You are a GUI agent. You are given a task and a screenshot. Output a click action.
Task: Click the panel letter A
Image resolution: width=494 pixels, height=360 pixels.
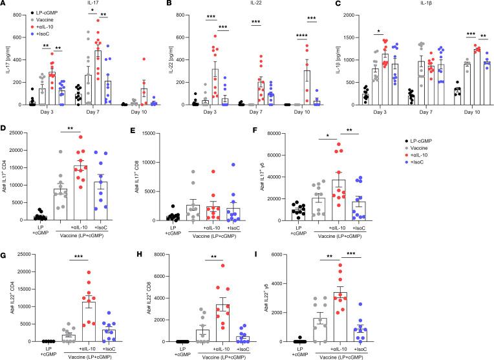coord(4,5)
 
